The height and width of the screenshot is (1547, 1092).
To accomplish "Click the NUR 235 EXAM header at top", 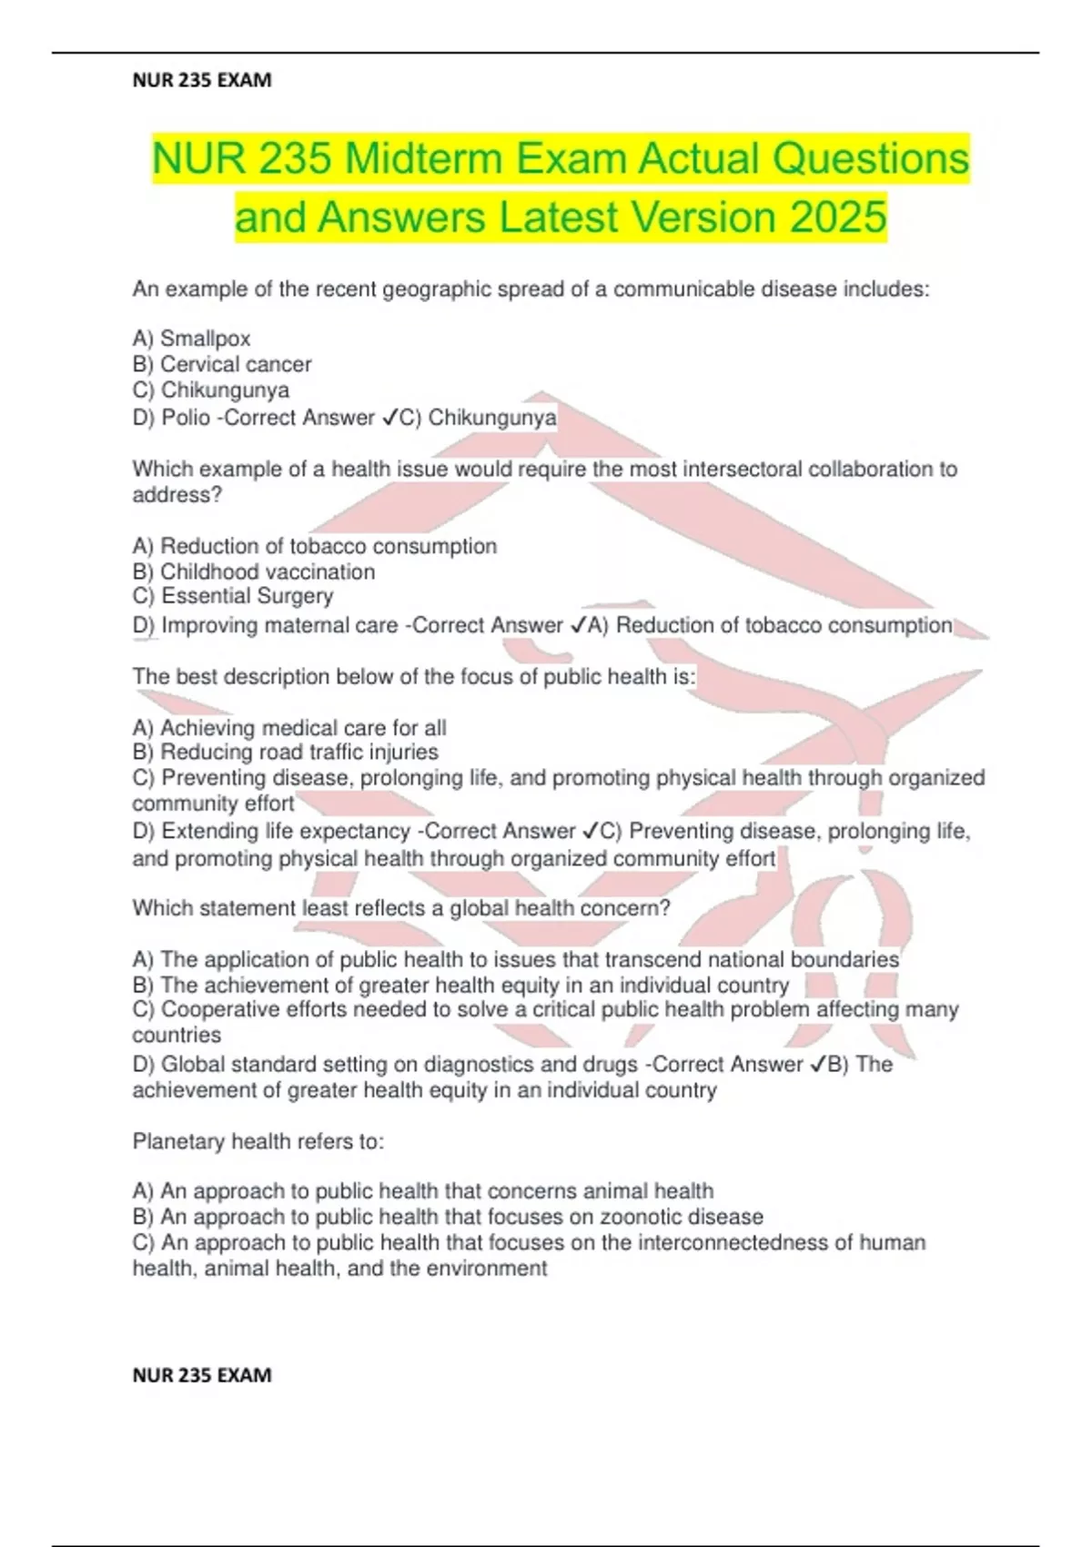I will coord(202,80).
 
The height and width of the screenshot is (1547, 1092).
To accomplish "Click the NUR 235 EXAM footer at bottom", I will coord(202,1375).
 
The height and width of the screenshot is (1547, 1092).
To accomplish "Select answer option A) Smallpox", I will coord(191,339).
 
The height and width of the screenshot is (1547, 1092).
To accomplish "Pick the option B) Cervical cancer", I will coord(222,364).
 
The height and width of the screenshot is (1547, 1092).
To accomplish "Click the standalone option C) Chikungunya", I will coord(211,390).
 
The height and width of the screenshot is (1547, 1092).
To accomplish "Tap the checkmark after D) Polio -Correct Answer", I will coord(389,418).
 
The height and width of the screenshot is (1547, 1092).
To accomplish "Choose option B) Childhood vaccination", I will coord(253,571).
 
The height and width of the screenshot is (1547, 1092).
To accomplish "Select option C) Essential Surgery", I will coord(233,596).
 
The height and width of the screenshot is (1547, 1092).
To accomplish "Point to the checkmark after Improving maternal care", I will coord(577,625).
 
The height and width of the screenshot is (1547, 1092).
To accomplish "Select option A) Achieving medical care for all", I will coord(289,728).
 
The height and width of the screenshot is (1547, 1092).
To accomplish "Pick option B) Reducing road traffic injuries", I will coord(285,753).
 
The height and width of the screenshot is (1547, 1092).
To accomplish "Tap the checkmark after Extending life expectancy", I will coord(589,831).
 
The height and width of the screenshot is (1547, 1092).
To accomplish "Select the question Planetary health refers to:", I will coord(258,1141).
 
